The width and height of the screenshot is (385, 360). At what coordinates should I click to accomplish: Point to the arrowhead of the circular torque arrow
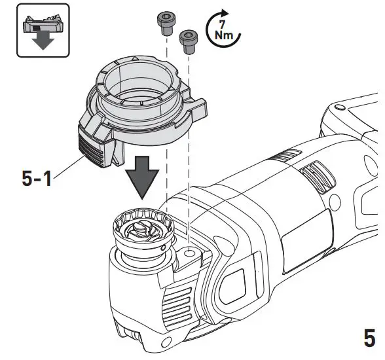pos(227,12)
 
